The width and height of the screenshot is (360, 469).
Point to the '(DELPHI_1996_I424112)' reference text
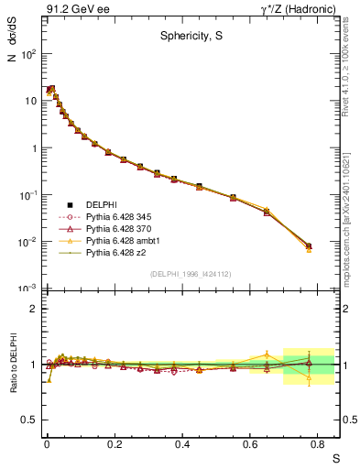click(x=190, y=273)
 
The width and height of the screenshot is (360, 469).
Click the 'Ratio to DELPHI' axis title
click(x=12, y=363)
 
